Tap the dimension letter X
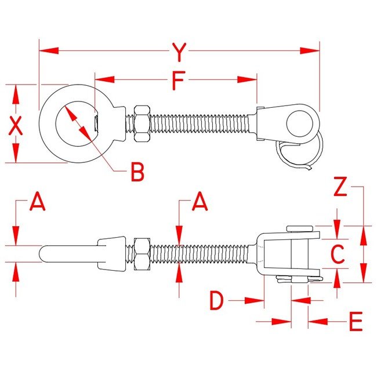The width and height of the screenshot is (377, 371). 16,125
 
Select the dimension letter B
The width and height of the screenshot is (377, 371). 136,172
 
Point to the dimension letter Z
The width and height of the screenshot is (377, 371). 341,187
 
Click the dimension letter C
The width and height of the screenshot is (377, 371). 338,254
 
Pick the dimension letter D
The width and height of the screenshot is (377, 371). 216,300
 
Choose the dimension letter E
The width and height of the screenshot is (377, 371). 355,321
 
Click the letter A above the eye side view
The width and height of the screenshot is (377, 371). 37,202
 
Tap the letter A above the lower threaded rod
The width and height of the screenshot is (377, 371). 200,202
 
